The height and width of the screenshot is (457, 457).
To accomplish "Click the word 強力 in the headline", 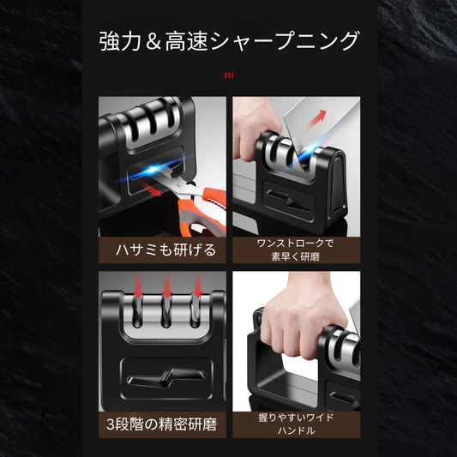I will [x=117, y=40].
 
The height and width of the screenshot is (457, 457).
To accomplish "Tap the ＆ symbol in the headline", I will [x=152, y=40].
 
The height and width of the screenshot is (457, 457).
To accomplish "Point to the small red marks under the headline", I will [x=228, y=76].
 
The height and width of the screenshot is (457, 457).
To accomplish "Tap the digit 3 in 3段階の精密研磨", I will [x=108, y=423].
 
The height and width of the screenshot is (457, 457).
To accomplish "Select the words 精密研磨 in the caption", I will [x=190, y=423].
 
